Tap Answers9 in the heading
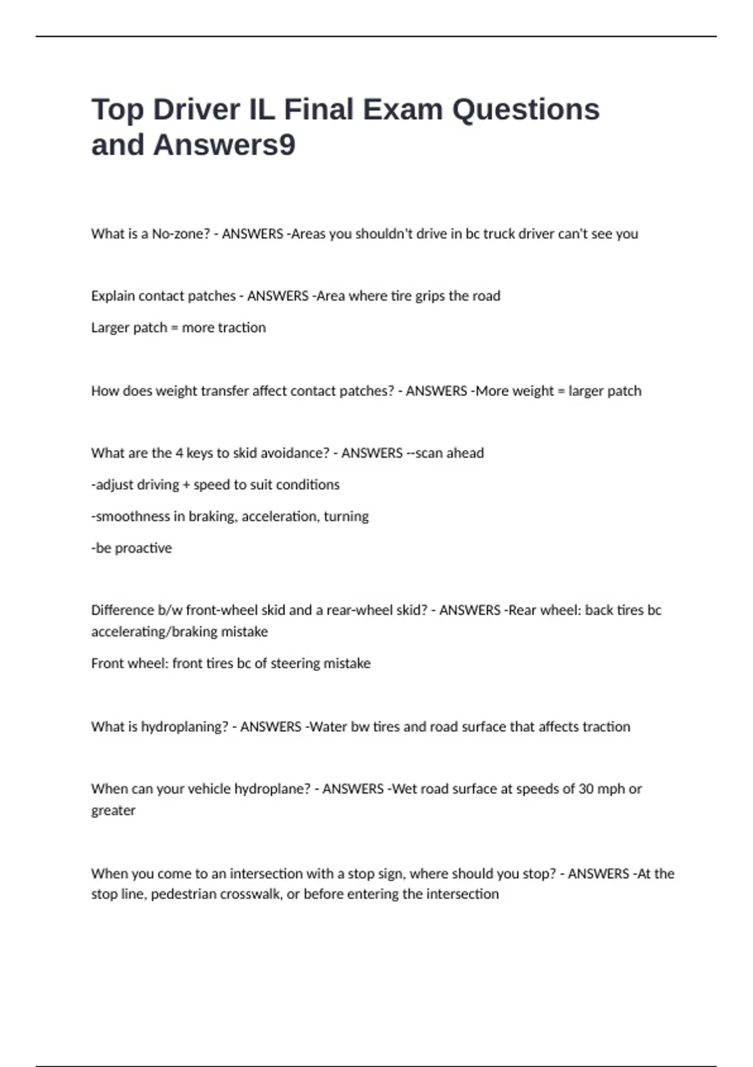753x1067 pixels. [x=224, y=145]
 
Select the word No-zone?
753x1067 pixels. [x=181, y=233]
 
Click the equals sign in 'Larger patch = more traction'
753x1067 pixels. [x=174, y=328]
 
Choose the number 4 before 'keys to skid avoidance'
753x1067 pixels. [x=179, y=453]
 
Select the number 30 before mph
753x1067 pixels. [x=585, y=789]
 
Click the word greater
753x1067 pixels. [x=113, y=810]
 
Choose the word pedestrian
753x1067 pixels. [x=183, y=894]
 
